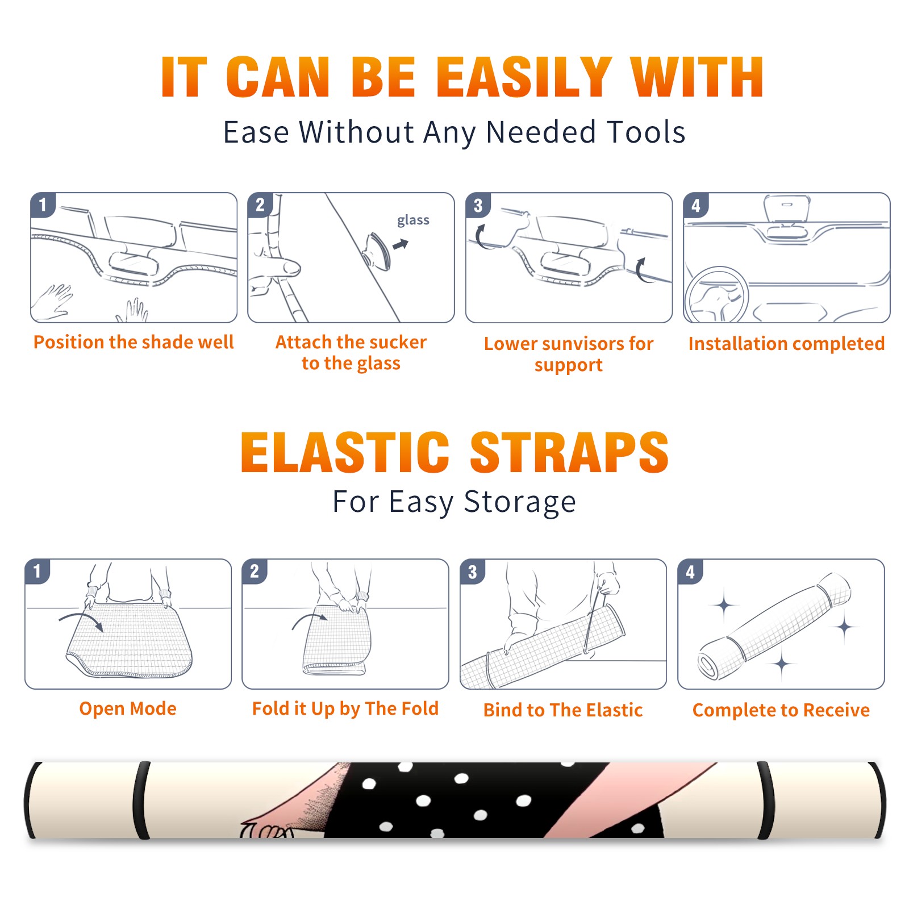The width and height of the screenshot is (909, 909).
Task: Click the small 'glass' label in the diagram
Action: (413, 220)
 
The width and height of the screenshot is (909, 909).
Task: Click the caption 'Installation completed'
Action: (786, 344)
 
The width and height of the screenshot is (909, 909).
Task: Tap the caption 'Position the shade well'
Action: (134, 342)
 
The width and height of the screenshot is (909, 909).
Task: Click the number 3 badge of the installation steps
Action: (478, 205)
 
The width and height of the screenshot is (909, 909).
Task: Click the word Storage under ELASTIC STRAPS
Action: (520, 502)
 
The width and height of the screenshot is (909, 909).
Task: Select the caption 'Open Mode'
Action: (128, 708)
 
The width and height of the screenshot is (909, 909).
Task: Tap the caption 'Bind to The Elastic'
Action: (563, 710)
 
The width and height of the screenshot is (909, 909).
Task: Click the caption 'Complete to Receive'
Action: (781, 710)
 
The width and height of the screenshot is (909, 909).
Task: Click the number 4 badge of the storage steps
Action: (690, 572)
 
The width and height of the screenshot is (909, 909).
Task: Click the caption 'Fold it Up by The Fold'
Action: (345, 708)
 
